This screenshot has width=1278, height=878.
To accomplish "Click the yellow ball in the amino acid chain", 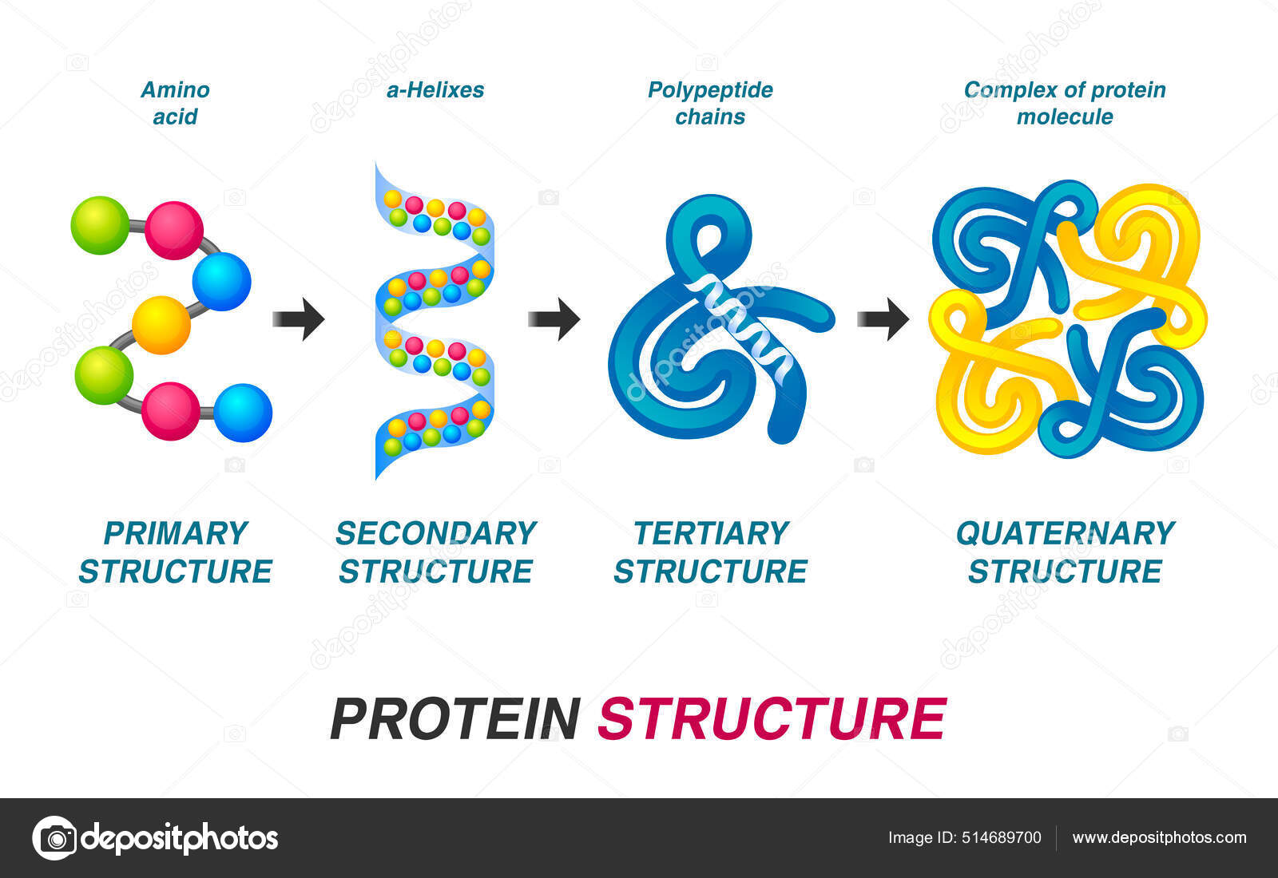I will point(161,325).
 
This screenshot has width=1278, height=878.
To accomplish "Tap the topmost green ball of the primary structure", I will point(100,225).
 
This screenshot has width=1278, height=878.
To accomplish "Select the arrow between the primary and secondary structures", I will point(299,319).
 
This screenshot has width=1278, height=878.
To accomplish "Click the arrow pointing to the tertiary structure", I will point(554,318).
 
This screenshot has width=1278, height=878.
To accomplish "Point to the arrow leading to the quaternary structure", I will point(883,318).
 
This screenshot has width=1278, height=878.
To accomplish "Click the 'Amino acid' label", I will point(175,103).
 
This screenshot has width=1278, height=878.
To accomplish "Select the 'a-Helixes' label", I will point(435,90).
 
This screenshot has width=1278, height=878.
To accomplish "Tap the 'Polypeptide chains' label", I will point(710,103).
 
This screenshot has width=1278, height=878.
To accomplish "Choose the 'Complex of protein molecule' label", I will point(1065,103).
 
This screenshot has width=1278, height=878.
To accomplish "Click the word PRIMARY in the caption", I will point(176,533).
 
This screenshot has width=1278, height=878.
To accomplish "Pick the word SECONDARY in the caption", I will point(435,533).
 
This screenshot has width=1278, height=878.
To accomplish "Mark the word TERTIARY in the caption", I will point(711,533).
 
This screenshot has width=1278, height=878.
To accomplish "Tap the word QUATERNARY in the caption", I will point(1065,533).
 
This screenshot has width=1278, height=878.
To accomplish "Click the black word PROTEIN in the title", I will point(455,719).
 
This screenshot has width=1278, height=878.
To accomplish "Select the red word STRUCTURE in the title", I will point(772,719).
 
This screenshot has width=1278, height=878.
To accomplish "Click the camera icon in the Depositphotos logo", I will point(55,838).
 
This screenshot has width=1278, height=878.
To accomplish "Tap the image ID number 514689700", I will point(1002,837).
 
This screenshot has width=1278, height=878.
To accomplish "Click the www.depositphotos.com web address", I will point(1159,837).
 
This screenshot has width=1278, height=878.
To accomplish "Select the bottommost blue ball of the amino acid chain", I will point(243,413).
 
